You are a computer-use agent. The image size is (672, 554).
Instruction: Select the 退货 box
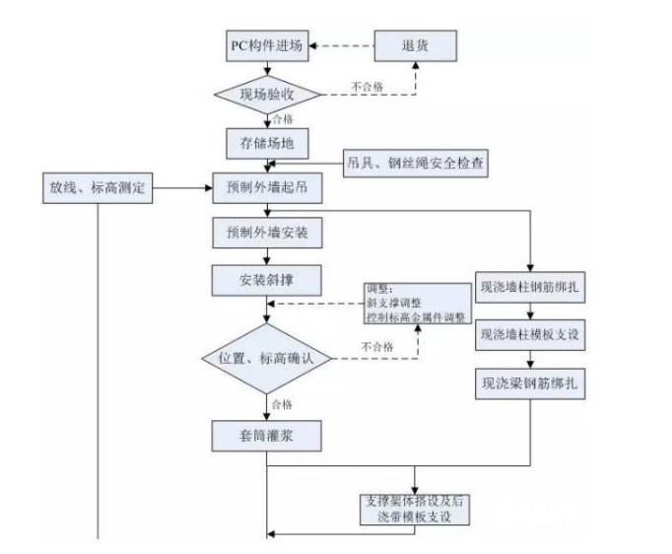coord(414,47)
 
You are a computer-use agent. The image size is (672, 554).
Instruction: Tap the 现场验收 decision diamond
coord(267,96)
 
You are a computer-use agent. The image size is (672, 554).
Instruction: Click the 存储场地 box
coord(267,144)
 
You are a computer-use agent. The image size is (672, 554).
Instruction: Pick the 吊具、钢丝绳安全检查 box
coord(416,161)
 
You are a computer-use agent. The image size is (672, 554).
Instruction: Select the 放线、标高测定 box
coord(99,187)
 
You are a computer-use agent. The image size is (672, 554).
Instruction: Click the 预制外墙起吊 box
coord(267,186)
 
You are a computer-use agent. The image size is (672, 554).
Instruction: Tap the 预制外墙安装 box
coord(267,233)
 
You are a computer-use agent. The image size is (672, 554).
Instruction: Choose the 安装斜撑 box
coord(267,279)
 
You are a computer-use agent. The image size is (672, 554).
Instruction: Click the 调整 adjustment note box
coord(415,303)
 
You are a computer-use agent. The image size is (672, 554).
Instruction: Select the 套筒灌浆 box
coord(267,435)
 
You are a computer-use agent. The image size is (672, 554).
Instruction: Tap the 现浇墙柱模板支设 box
coord(530,335)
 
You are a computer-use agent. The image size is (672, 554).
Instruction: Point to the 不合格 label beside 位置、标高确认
coord(376,347)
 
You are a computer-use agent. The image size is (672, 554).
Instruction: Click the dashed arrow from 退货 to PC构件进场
coord(344,46)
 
